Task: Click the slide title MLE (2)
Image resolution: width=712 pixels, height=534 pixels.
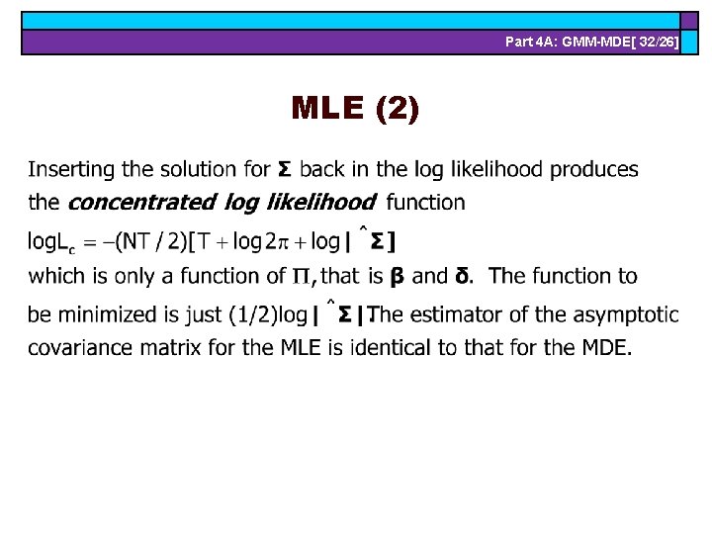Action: (355, 108)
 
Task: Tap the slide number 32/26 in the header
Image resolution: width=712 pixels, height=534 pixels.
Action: (654, 42)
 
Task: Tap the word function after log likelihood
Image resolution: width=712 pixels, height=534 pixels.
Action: (425, 203)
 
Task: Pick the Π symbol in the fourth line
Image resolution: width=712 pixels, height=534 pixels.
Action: (298, 276)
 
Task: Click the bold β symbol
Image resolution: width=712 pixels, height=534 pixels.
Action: (396, 277)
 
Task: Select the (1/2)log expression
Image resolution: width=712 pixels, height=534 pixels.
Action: (264, 314)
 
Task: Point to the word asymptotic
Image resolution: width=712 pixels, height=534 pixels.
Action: (629, 314)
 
